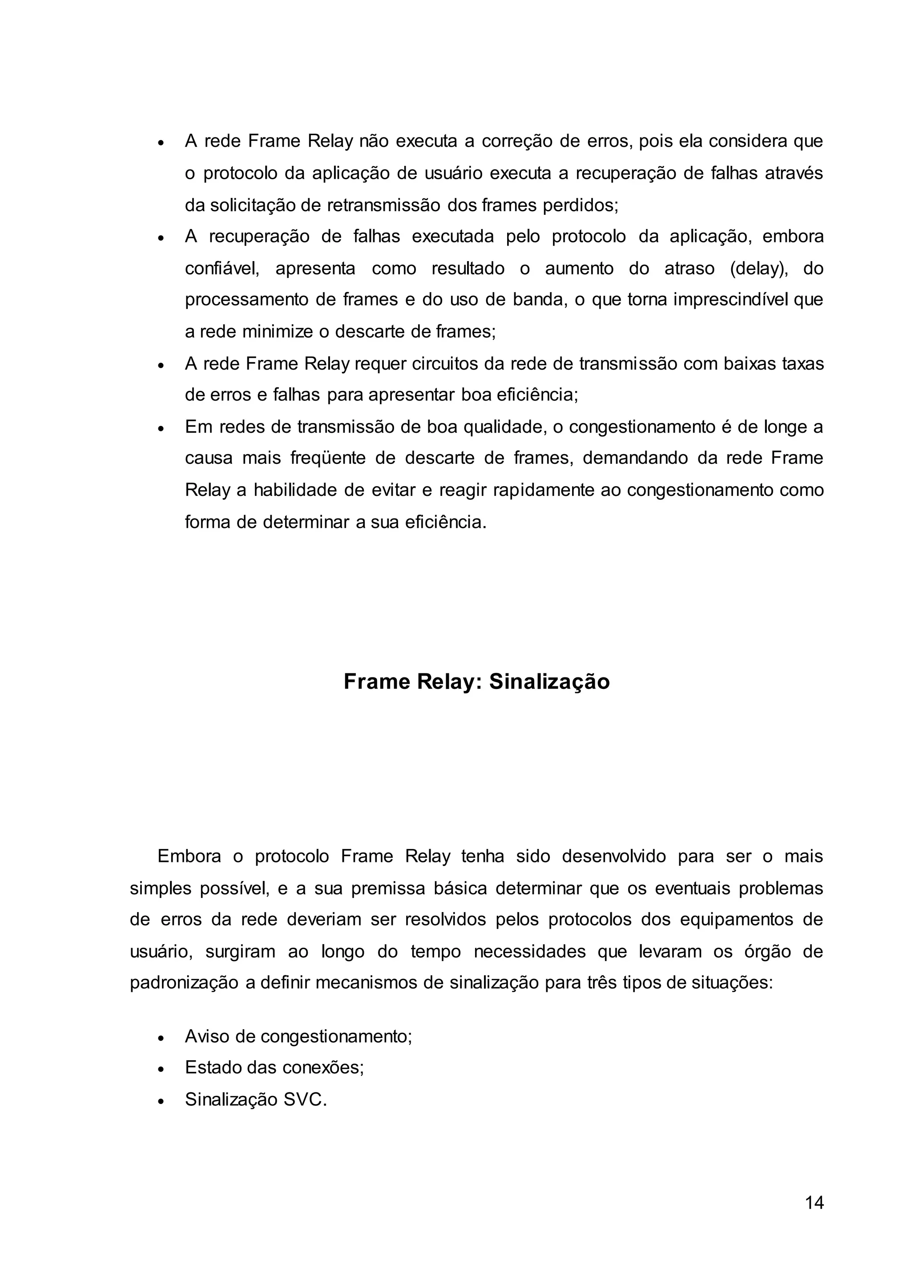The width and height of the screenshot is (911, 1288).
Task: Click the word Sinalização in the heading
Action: pyautogui.click(x=549, y=682)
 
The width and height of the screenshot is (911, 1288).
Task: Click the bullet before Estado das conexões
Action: pyautogui.click(x=161, y=1070)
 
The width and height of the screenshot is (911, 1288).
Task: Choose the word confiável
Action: pyautogui.click(x=222, y=269)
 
